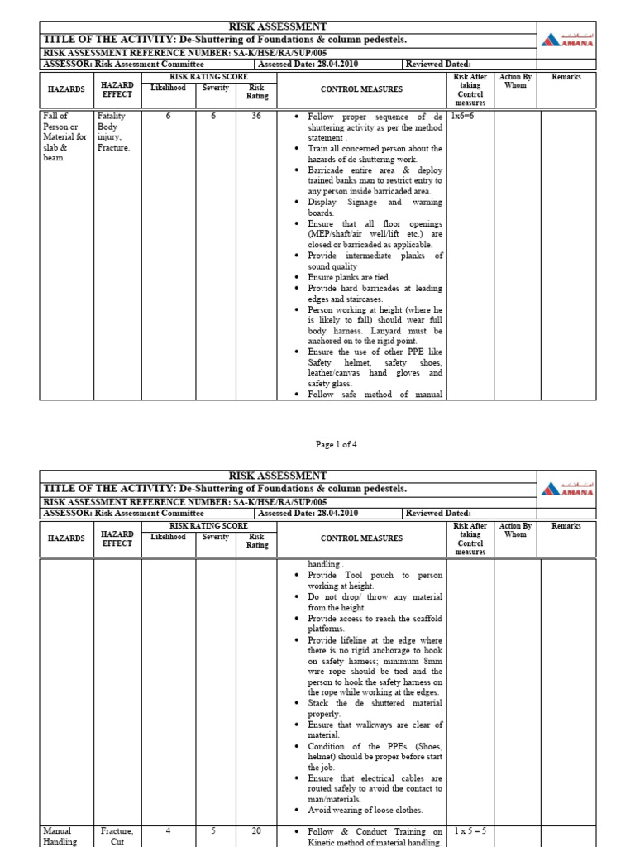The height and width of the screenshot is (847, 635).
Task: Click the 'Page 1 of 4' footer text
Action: click(336, 444)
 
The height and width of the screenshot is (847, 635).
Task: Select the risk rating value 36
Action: click(256, 117)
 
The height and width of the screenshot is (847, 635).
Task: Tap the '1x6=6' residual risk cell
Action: click(462, 117)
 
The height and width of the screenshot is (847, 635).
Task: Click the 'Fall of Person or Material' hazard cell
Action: click(64, 137)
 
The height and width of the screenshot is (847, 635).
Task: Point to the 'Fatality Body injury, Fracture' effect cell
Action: click(113, 132)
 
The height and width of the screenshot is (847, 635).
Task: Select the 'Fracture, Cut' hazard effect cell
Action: click(117, 835)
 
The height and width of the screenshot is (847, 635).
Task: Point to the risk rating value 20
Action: click(256, 830)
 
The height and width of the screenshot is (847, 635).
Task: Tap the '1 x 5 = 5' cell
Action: click(469, 830)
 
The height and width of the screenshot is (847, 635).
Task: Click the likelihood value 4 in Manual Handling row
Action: click(168, 830)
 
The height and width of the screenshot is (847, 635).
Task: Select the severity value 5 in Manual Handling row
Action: click(212, 830)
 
